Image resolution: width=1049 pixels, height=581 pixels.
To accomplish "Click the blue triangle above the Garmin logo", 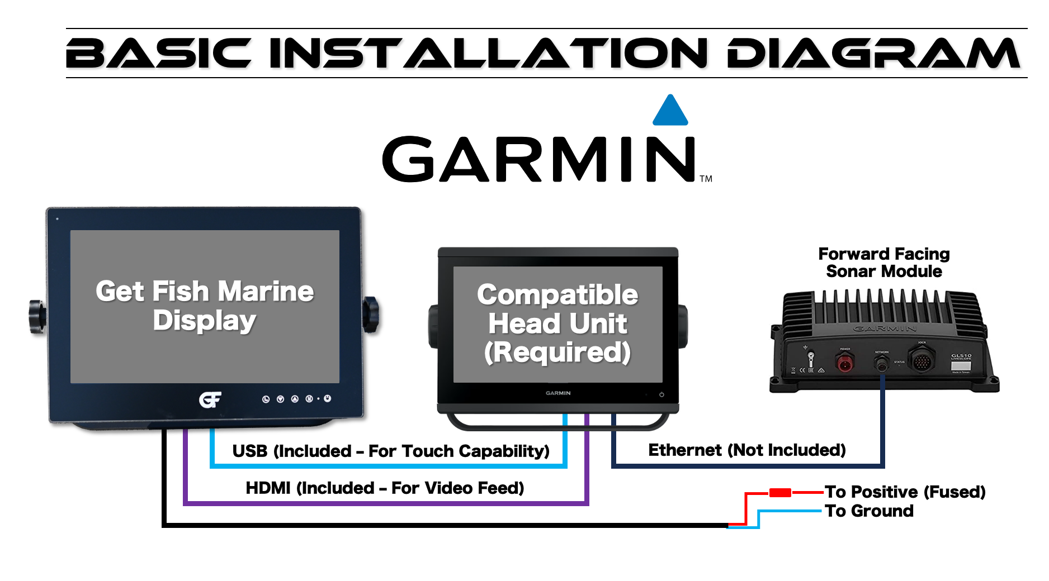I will point(670,111).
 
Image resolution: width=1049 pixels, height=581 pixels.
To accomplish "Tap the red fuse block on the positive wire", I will point(780,493).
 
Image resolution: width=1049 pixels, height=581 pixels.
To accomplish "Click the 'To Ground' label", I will point(869,511).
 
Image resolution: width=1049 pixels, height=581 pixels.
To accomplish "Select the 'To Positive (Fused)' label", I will point(905,492).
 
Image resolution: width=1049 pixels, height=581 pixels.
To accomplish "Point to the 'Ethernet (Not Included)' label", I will point(746,450).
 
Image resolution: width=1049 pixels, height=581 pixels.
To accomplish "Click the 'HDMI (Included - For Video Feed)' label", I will point(385,488).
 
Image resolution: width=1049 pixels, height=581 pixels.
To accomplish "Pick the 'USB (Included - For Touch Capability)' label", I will point(391,451).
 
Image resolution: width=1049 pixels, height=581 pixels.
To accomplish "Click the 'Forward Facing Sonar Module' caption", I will point(883,263).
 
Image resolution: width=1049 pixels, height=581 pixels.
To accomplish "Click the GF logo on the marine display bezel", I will point(210,399).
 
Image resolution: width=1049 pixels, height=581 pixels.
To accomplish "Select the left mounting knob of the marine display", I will point(37,317).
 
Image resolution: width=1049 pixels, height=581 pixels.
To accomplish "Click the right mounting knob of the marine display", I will point(371,315).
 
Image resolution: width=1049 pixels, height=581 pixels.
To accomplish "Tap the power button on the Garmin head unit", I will point(661,394).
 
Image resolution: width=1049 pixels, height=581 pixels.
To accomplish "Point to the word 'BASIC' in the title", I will point(159,54).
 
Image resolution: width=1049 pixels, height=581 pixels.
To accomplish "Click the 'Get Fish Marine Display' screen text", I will point(205,306).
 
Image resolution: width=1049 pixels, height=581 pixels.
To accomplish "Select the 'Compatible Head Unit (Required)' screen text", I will point(557,323).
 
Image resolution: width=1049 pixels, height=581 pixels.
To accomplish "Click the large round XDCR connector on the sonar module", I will point(921,360).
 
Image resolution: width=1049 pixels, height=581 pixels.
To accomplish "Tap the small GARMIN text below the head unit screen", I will point(558,393).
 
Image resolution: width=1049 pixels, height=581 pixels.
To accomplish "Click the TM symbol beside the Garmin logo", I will point(706,179).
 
